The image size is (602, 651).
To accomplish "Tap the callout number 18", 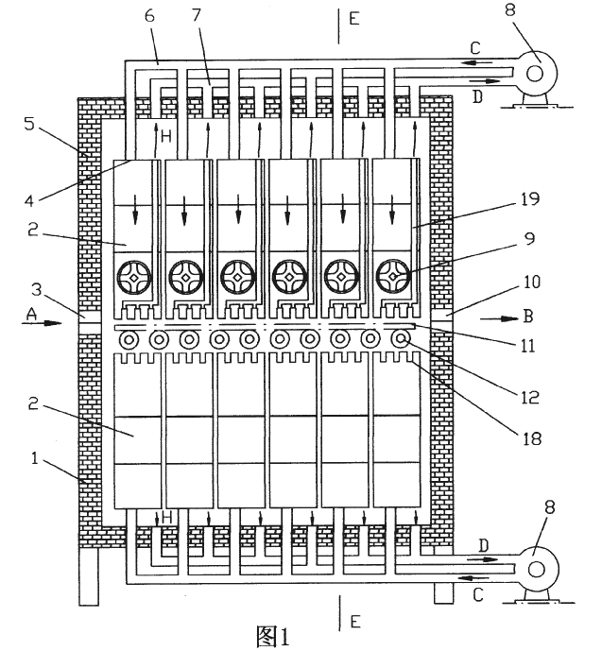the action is tap(531, 438).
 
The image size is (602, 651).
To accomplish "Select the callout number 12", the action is tap(529, 398).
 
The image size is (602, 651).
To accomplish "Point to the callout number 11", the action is tap(527, 346).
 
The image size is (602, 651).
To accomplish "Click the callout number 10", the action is tap(531, 282).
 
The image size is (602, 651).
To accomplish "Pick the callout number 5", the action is tap(29, 124).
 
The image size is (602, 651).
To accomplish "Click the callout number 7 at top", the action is tap(196, 15).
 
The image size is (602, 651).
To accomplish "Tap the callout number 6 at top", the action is tap(149, 15).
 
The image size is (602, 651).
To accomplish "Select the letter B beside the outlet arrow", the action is tap(527, 317).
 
